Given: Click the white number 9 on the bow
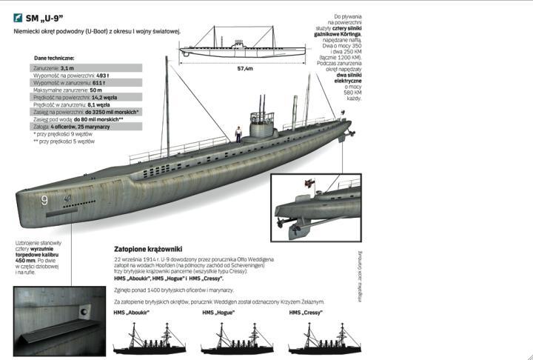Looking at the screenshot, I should click(x=44, y=200).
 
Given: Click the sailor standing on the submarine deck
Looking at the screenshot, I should click(x=238, y=132).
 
